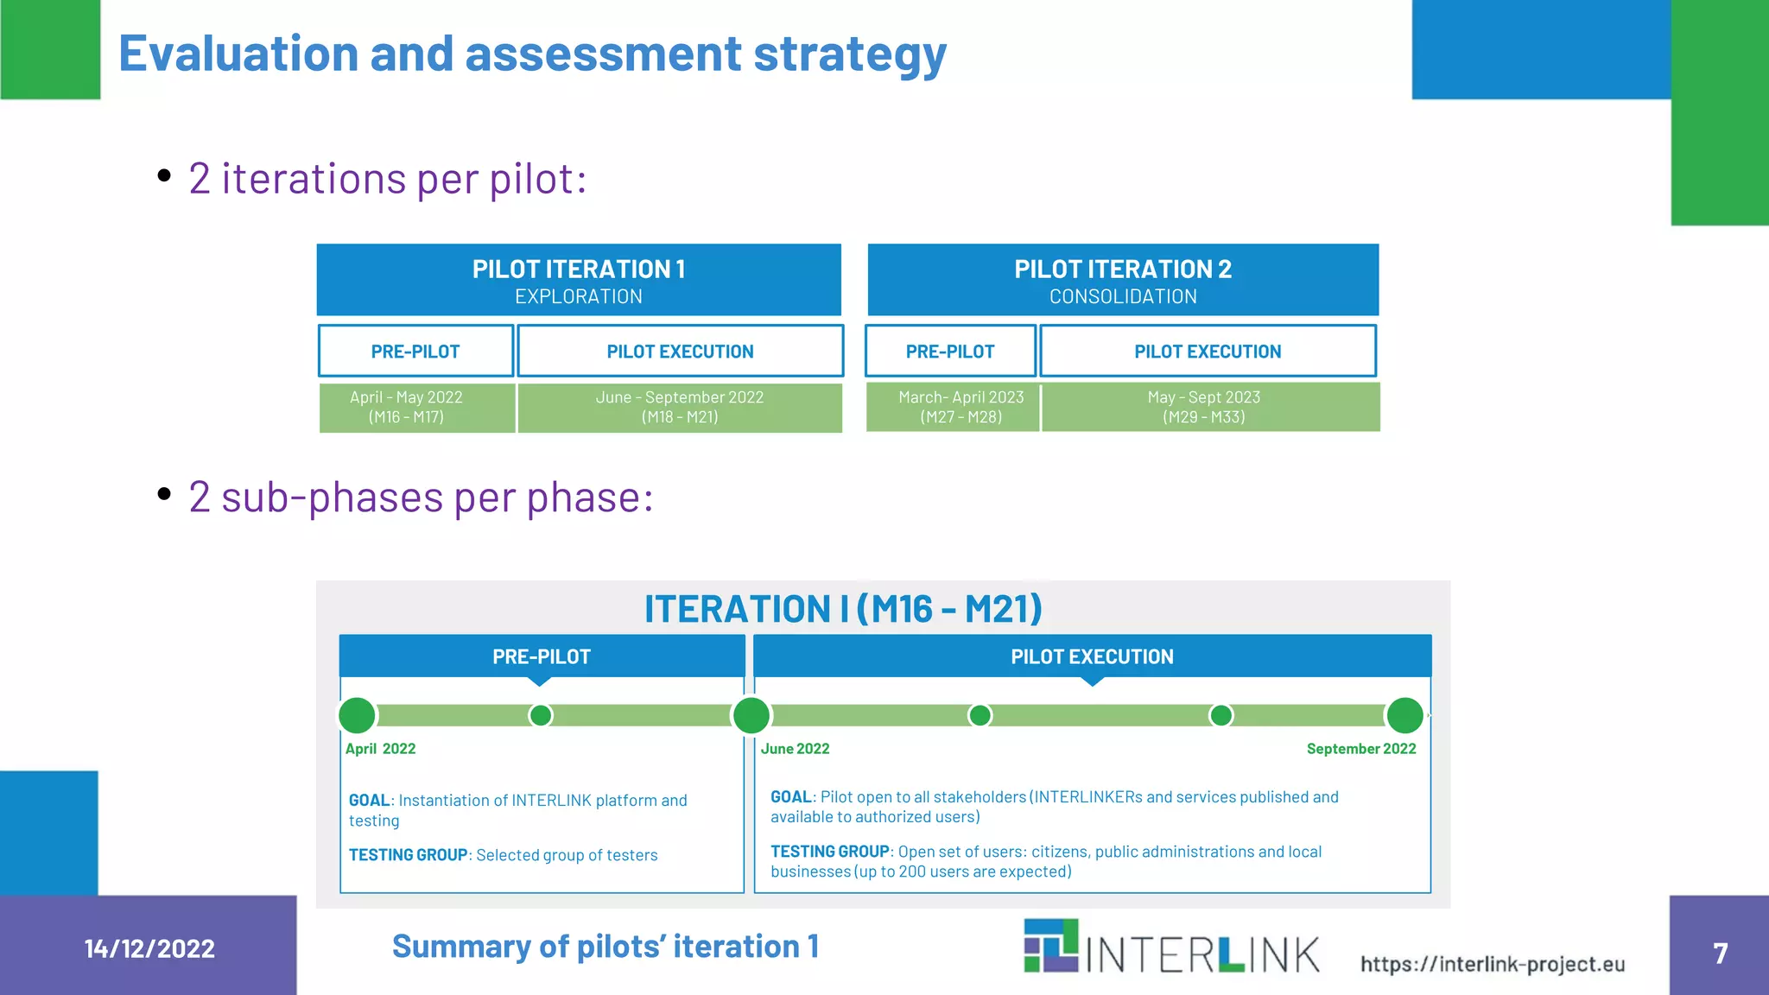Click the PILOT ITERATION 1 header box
[579, 280]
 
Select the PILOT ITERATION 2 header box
[1123, 280]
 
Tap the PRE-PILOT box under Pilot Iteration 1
[415, 351]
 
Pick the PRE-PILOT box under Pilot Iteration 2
[950, 351]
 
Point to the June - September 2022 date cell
[680, 407]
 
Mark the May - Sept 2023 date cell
[1209, 407]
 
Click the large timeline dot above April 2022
[357, 715]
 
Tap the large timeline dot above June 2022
[751, 715]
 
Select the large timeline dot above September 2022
[1404, 715]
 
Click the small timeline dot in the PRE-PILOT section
[541, 715]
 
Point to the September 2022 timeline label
[1361, 749]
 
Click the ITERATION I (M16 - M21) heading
[843, 609]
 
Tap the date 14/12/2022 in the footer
[149, 948]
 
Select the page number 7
[1720, 953]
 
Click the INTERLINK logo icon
[1051, 946]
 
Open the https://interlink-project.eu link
[1493, 964]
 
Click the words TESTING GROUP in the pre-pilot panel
[408, 855]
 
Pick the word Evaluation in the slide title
[238, 54]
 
